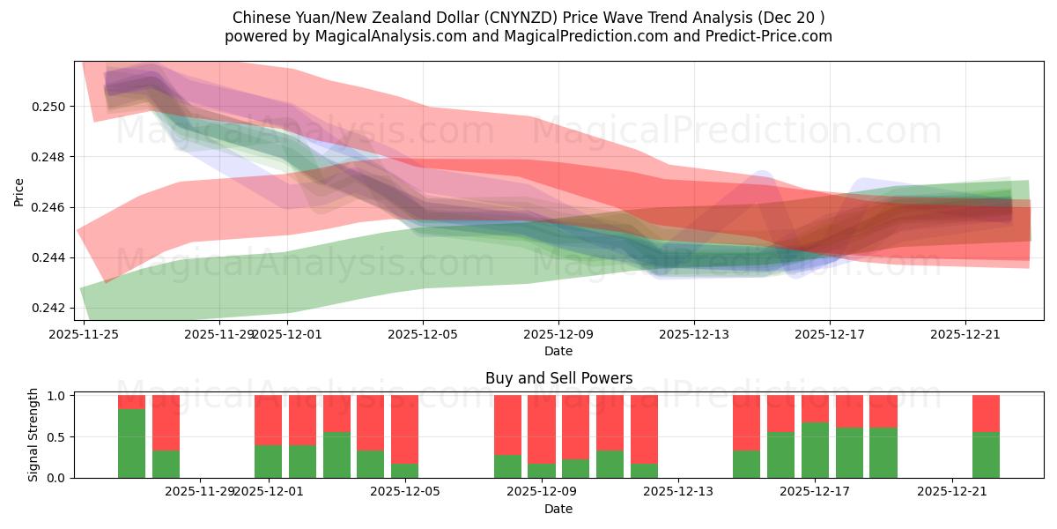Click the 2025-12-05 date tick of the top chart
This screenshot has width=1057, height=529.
point(423,334)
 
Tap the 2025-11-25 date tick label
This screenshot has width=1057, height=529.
point(84,334)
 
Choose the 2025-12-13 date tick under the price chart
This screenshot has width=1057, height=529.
point(694,334)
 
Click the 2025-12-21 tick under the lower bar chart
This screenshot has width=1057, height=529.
point(953,491)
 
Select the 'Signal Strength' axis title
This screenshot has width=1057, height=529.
point(33,436)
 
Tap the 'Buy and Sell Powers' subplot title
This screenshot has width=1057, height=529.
point(558,378)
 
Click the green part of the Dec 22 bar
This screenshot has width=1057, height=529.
point(986,455)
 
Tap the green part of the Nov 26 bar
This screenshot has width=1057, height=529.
point(131,443)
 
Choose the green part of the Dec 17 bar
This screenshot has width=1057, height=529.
point(815,451)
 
